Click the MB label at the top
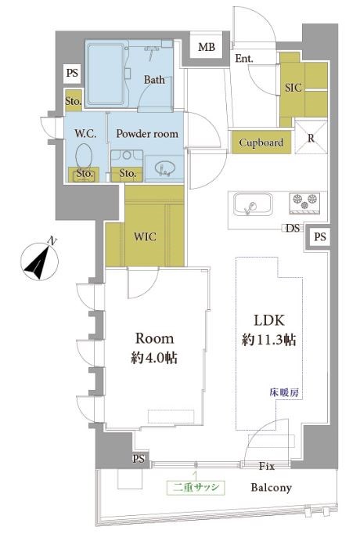point(207,47)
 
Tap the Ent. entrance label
point(244,59)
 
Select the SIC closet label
point(293,88)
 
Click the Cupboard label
point(261,142)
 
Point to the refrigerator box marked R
point(311,137)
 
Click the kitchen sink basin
point(253,204)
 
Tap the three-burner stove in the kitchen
point(304,203)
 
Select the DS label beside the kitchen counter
point(293,228)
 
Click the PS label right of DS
point(320,236)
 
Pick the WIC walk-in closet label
point(145,236)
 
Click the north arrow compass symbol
point(38,259)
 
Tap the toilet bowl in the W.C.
point(84,157)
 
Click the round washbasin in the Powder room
point(165,169)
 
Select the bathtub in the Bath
point(106,74)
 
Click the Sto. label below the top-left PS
point(73,102)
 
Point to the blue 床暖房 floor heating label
point(284,393)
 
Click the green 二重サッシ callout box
point(196,487)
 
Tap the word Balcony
point(271,488)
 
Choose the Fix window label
point(267,467)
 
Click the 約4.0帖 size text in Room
point(154,358)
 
